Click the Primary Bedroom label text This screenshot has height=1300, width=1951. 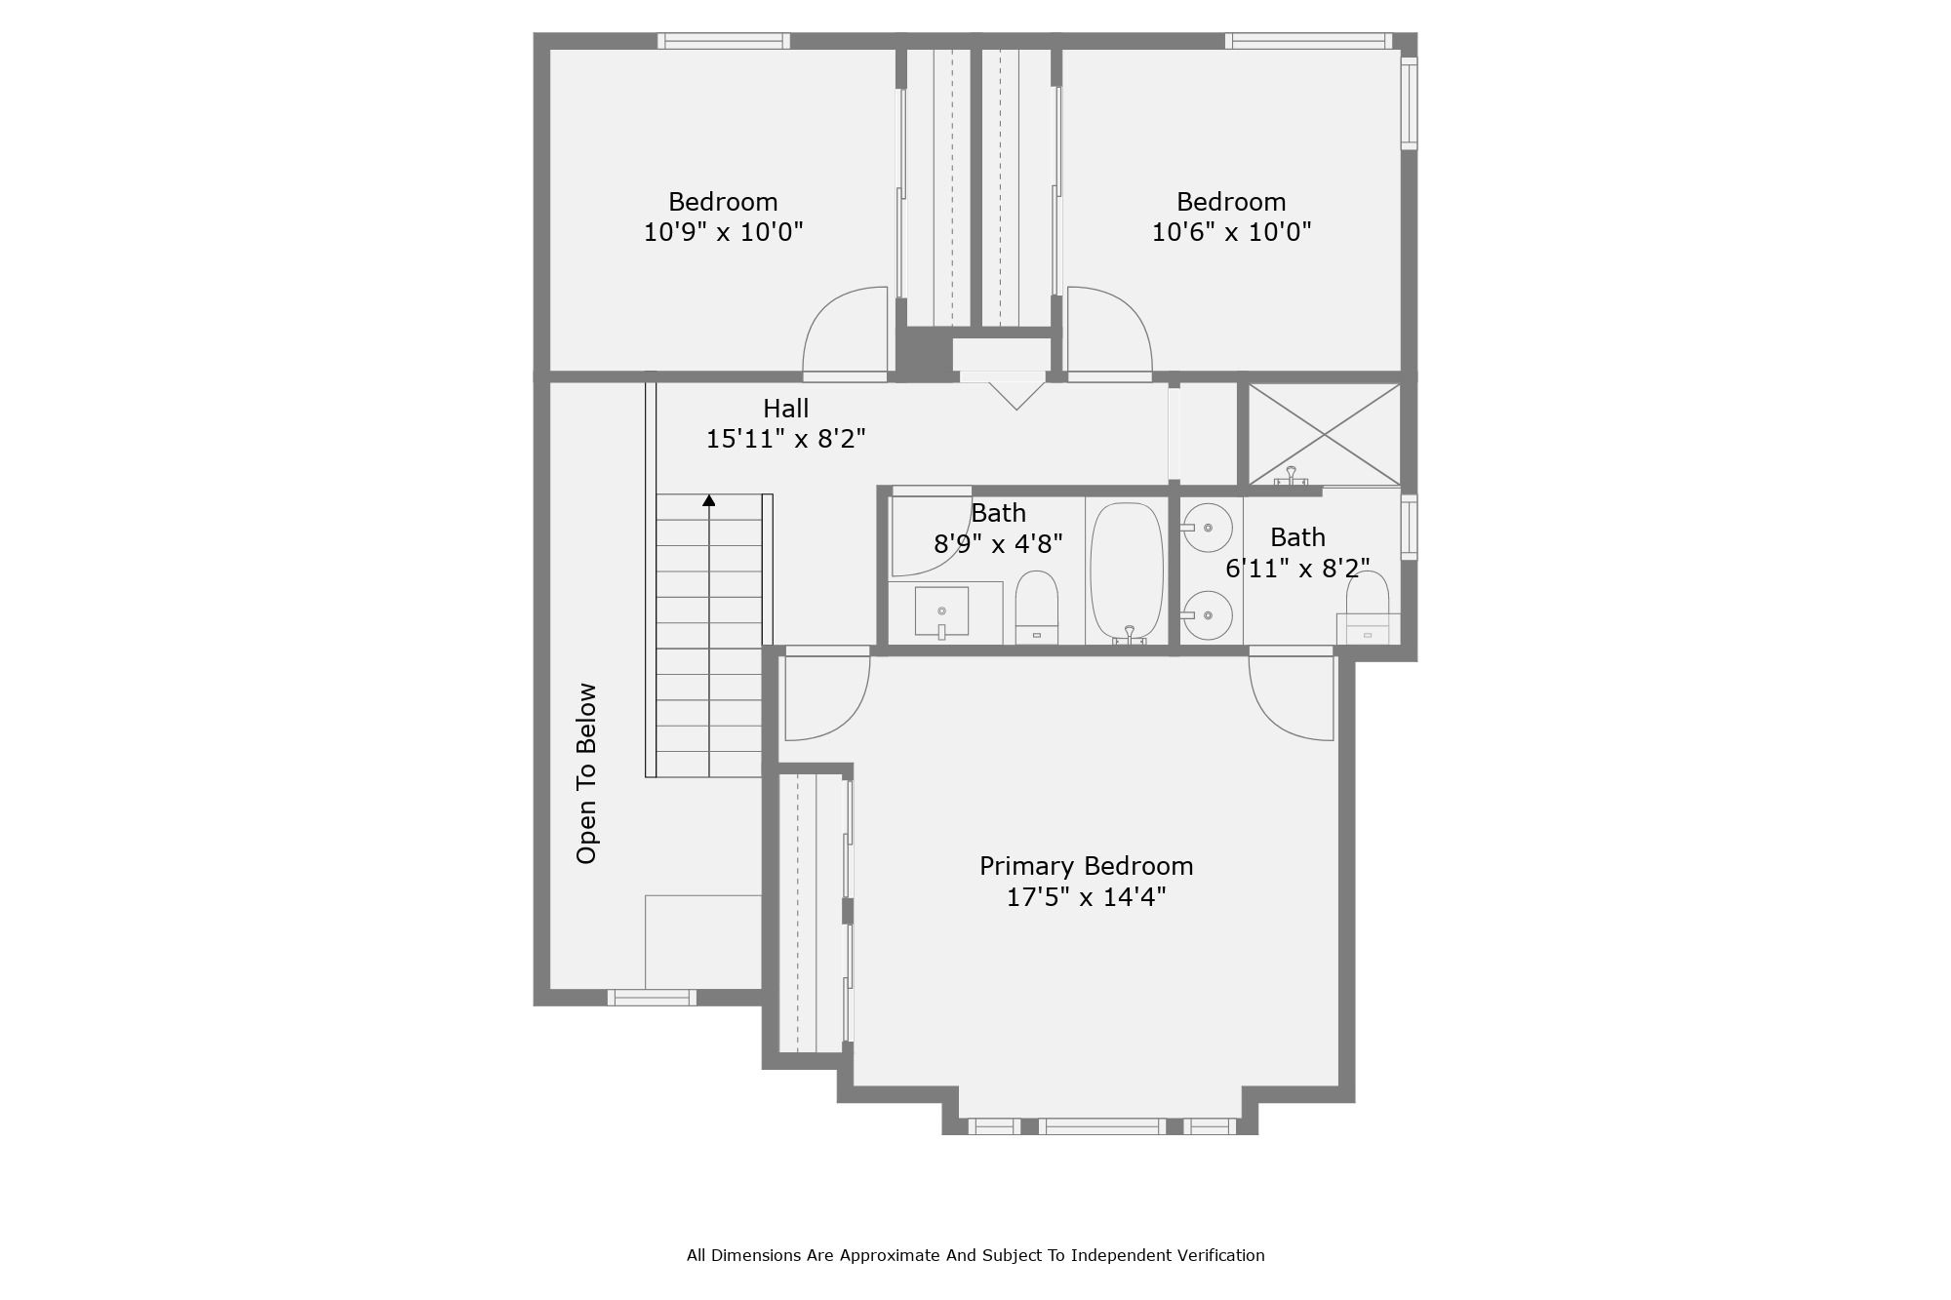click(x=1086, y=866)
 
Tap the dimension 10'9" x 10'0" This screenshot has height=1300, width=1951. click(x=723, y=232)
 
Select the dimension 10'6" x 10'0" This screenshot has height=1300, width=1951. click(x=1231, y=232)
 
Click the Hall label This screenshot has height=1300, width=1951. click(x=785, y=409)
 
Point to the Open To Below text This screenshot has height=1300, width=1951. click(x=586, y=772)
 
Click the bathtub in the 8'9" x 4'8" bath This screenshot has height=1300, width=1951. click(x=1127, y=571)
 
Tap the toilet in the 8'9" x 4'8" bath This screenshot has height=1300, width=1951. click(x=1036, y=605)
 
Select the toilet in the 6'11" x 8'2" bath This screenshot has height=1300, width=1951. click(x=1367, y=607)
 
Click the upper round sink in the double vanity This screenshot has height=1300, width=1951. click(x=1208, y=528)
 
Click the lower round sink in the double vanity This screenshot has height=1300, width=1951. click(x=1208, y=615)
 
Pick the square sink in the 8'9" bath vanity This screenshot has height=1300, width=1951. click(x=941, y=611)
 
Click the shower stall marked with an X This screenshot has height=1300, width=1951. click(x=1324, y=434)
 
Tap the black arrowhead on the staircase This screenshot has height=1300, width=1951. click(x=709, y=500)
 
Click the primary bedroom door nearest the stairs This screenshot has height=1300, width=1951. click(x=824, y=696)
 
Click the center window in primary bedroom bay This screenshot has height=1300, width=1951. click(x=1101, y=1126)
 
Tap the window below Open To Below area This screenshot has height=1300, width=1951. click(x=652, y=997)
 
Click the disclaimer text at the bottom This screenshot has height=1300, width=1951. click(x=975, y=1255)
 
